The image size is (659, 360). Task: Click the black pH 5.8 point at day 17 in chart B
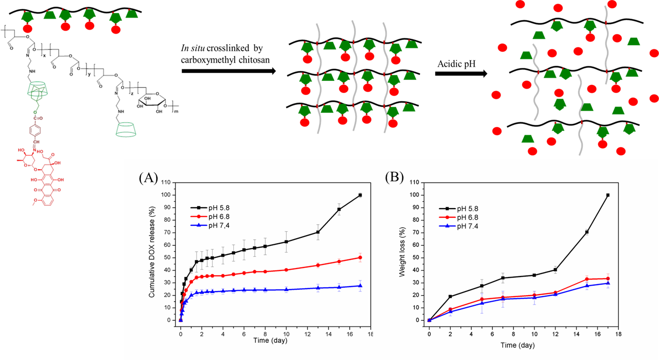click(608, 195)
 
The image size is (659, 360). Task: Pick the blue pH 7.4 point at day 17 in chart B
click(608, 283)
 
